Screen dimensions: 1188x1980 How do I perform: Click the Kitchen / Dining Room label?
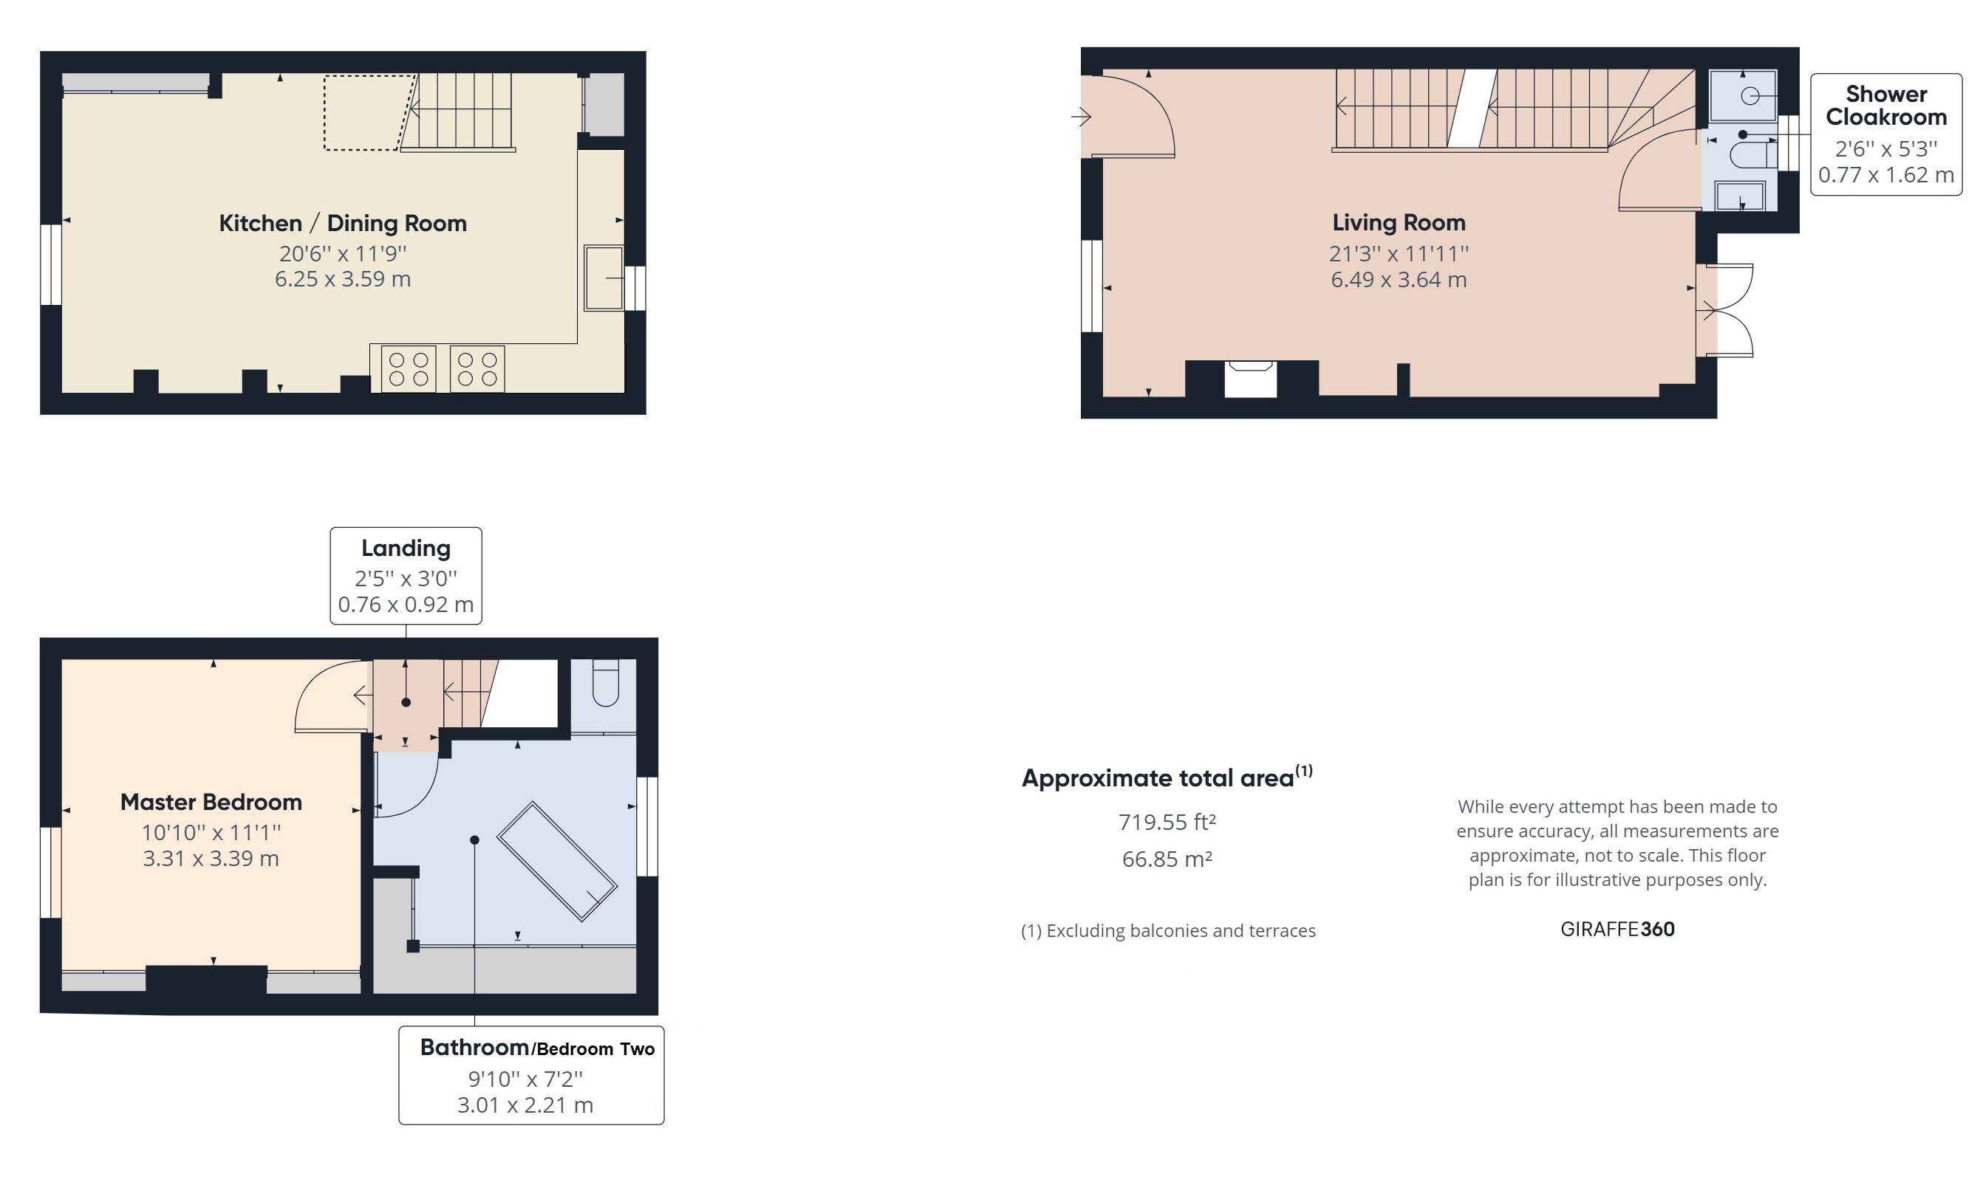point(343,224)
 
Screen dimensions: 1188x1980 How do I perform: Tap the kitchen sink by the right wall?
point(602,278)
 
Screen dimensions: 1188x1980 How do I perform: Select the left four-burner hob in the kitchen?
point(409,369)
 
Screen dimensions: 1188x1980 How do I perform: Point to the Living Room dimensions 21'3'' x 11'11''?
point(1398,254)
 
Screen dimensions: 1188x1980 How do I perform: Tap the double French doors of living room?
point(1726,310)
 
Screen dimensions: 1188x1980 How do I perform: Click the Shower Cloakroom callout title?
point(1885,106)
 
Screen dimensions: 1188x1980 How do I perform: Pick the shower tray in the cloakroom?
point(1742,97)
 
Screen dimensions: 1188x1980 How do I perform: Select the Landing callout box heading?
point(406,549)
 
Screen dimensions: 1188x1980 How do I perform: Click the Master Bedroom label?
point(211,802)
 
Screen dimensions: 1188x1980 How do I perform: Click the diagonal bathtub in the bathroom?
point(556,862)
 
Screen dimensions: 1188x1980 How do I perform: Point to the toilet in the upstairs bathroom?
point(606,684)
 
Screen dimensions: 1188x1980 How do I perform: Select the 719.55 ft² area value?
point(1167,823)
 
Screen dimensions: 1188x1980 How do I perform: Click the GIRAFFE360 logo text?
point(1617,930)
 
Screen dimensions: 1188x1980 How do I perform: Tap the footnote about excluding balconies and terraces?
point(1168,931)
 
